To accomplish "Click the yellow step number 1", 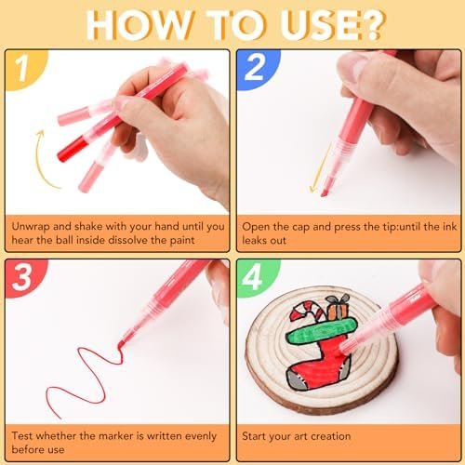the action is point(22,69).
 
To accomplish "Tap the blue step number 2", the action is point(254,67).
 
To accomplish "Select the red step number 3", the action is point(22,277).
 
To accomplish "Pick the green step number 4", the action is point(253,277).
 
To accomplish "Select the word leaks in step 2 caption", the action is point(253,240).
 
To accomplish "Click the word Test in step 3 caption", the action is point(22,436).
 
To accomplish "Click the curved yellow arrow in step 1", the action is point(40,158).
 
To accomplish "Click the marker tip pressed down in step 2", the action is point(325,192).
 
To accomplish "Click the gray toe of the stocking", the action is point(297,379).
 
